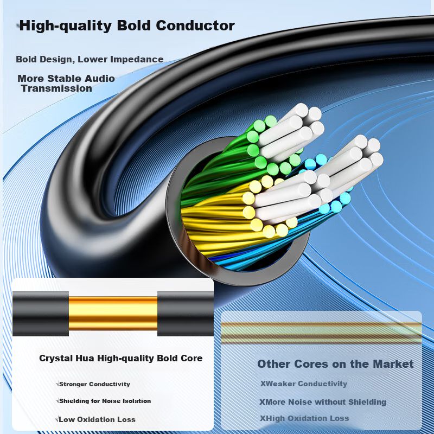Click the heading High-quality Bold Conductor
pos(127,26)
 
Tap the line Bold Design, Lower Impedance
pos(90,59)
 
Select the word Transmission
pos(56,88)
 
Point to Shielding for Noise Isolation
pos(104,401)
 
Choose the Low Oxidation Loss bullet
pos(96,419)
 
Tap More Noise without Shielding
pos(323,402)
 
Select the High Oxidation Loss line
pos(305,418)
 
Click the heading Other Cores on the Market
pos(335,364)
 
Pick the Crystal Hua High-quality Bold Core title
pos(120,358)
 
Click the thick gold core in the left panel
pos(113,314)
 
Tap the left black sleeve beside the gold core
pos(41,314)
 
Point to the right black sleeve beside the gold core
pos(185,314)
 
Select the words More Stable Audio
pos(66,79)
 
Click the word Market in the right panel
pos(391,364)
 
